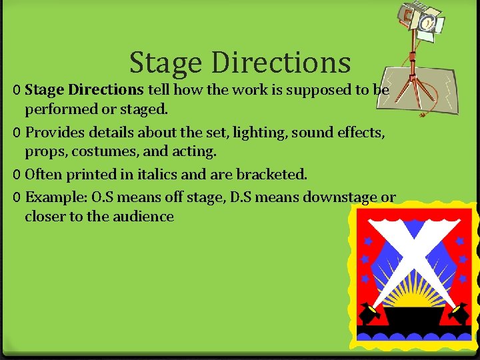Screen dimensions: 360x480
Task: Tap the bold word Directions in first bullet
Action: (x=105, y=89)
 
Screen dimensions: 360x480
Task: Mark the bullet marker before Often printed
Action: (x=17, y=175)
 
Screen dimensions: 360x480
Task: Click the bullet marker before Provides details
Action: (x=17, y=133)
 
